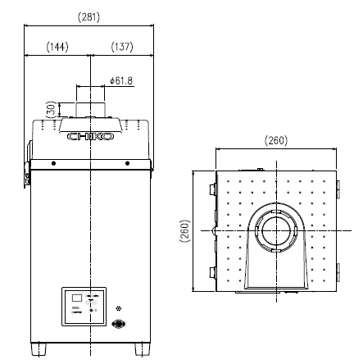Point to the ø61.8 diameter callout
pos(120,80)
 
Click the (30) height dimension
pos(51,109)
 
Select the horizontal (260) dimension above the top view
pos(277,140)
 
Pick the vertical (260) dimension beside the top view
pos(184,231)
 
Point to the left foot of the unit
pos(38,350)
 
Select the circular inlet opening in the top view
pos(277,230)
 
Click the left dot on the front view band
pos(54,164)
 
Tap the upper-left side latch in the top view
pos(213,190)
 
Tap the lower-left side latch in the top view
pos(213,271)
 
